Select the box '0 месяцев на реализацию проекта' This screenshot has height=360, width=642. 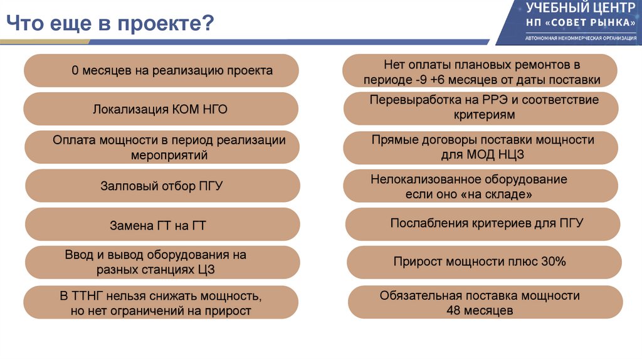161,70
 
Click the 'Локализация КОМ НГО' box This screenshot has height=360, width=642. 161,109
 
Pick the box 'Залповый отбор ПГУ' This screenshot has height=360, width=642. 162,186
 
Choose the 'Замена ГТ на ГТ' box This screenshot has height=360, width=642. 162,225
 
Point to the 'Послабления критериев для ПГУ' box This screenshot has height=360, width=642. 483,223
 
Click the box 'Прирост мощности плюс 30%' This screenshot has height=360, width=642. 483,262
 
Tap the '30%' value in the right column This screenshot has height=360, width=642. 553,262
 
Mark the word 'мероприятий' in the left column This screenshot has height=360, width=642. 169,155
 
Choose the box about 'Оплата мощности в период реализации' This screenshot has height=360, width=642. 162,147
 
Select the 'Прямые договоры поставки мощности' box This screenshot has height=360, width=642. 481,147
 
